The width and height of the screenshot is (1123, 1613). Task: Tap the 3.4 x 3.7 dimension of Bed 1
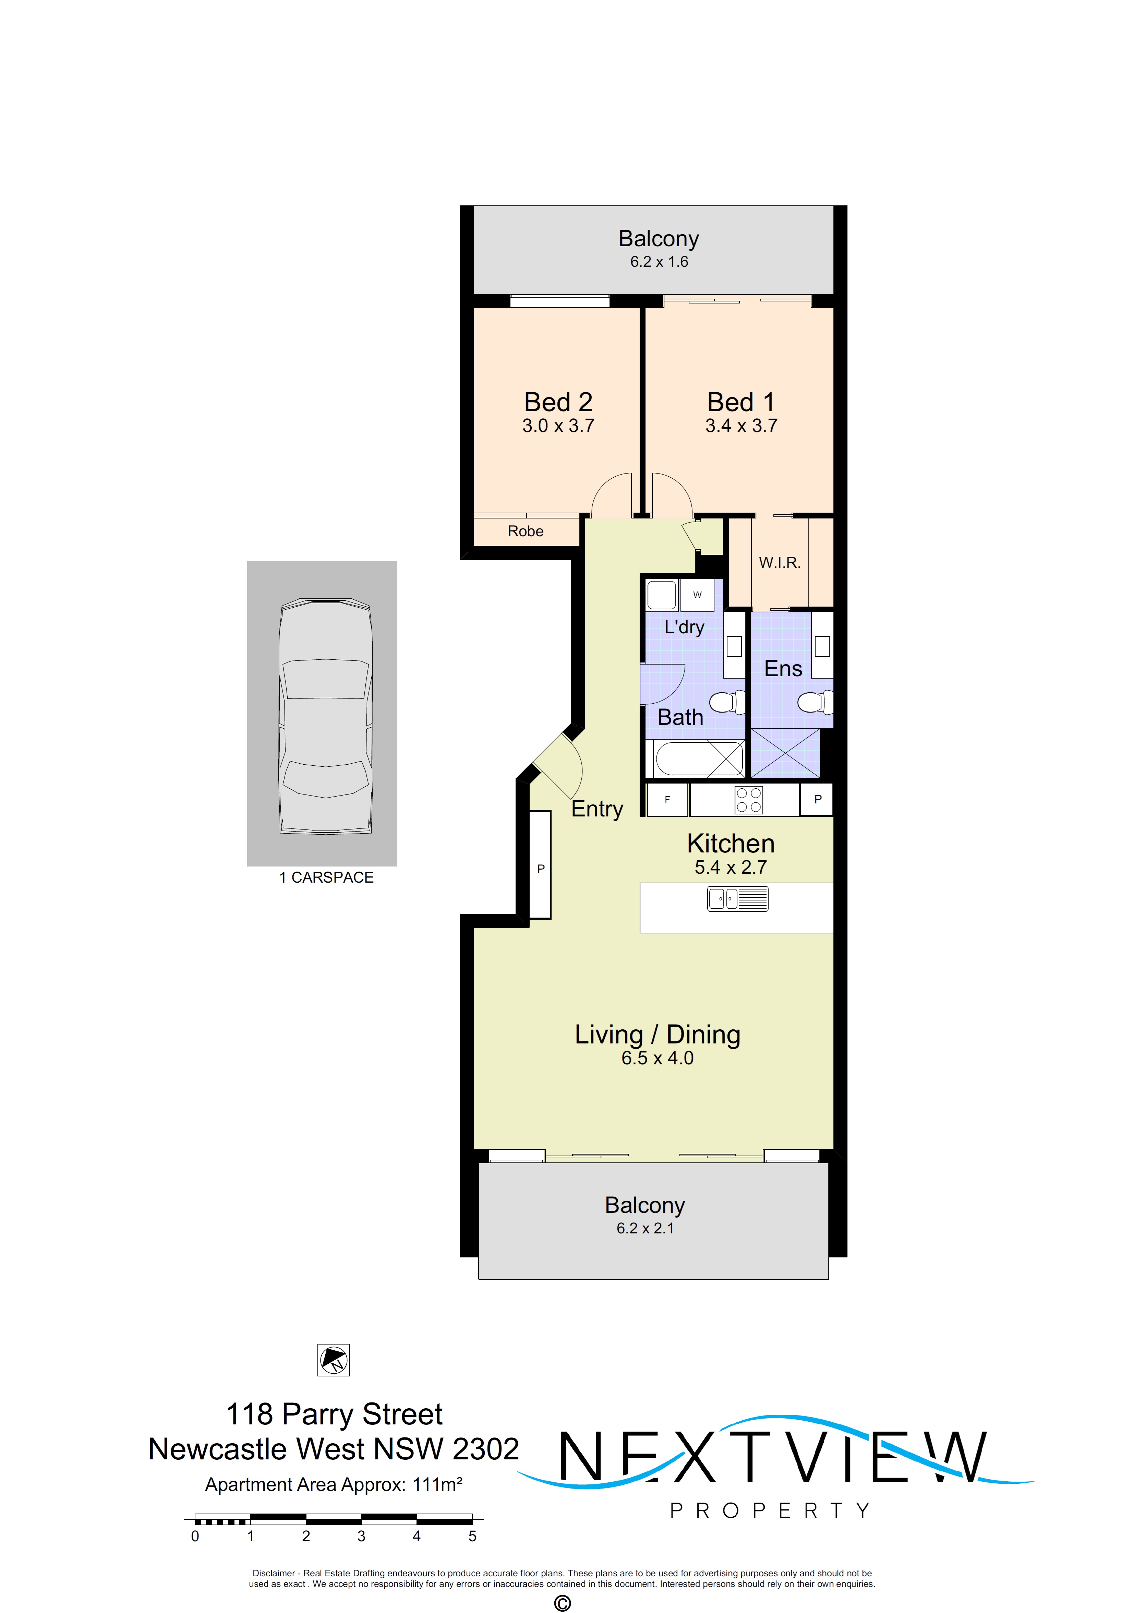coord(741,426)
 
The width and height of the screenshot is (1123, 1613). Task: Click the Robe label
coord(525,531)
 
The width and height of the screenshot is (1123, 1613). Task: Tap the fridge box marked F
coord(666,800)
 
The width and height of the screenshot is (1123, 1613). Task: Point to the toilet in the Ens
coord(813,702)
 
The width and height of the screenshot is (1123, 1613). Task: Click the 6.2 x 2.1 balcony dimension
coord(645,1228)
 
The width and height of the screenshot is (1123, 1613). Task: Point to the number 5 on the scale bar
coord(472,1537)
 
